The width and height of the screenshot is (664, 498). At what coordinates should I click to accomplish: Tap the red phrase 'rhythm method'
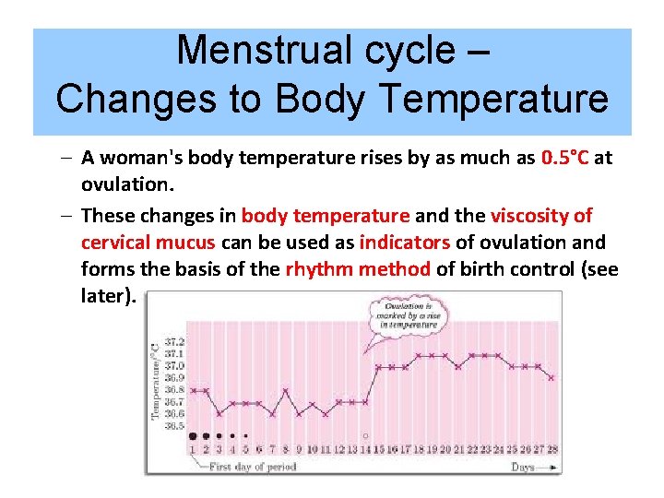358,269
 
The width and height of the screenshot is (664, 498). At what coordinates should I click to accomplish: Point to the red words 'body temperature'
325,216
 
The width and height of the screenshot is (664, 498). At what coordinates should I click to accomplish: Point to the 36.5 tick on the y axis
173,426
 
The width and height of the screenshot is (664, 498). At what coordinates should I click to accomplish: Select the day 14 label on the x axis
365,449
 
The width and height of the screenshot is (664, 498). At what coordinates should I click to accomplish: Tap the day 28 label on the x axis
551,449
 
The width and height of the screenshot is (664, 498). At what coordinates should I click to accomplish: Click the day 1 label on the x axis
193,449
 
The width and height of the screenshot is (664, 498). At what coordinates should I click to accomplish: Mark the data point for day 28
551,377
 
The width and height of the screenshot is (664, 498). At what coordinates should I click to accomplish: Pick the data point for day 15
378,367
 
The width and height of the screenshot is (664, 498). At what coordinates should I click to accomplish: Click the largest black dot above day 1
193,435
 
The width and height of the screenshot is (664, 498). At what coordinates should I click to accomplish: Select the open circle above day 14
365,435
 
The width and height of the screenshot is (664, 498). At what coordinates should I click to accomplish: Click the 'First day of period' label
251,467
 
